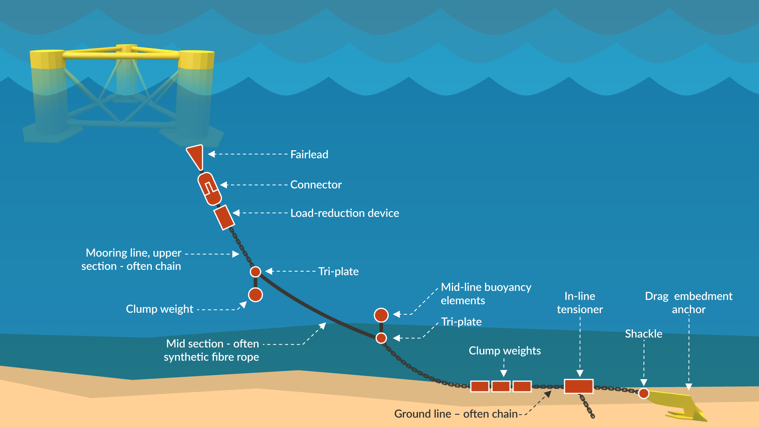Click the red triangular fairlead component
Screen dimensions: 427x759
(196, 155)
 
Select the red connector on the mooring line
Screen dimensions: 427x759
(209, 189)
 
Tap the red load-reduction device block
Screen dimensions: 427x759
(224, 217)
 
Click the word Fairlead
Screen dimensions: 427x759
(309, 154)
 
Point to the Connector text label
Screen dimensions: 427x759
(316, 185)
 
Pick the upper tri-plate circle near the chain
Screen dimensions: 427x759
(255, 272)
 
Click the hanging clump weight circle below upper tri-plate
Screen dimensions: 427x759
(255, 295)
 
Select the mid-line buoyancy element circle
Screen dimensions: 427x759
(381, 315)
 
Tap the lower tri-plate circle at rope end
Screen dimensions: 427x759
(381, 338)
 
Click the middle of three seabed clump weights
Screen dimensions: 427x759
(501, 386)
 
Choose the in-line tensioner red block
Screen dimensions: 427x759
(578, 386)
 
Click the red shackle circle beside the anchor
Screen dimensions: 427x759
(644, 393)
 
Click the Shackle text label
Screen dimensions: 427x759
(644, 334)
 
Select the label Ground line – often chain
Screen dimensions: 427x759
(456, 414)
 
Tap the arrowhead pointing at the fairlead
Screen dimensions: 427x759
(212, 154)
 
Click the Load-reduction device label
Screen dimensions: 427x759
(345, 213)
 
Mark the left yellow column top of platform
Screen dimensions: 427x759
(47, 59)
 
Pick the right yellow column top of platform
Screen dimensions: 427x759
(196, 60)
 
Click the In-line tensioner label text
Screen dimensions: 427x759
(580, 302)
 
